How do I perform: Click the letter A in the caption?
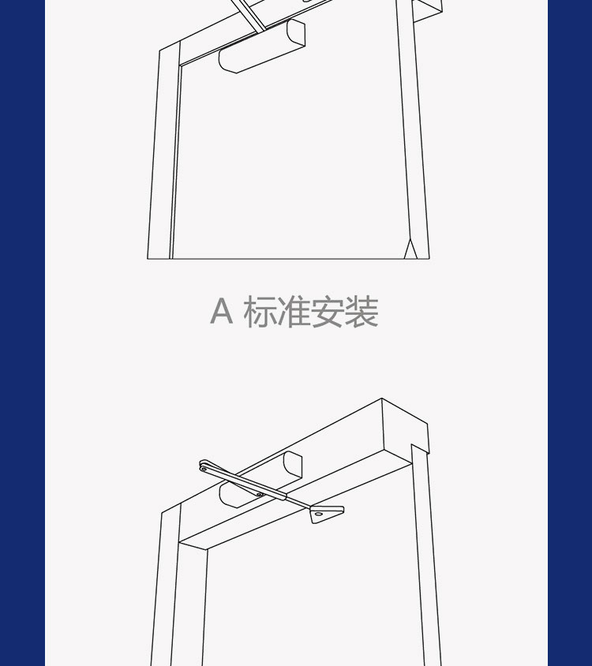coord(222,311)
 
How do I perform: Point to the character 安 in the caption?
coord(328,312)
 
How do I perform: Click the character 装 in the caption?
coord(362,312)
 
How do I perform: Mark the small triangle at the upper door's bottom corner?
coord(410,249)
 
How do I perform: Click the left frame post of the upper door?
coord(163,151)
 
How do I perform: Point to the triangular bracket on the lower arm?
coord(326,514)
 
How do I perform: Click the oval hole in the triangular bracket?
coord(318,514)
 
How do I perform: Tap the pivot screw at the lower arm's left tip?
coord(204,470)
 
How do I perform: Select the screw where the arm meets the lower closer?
coord(259,494)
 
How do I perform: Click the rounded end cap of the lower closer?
coord(293,464)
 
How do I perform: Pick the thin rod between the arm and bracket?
coord(298,503)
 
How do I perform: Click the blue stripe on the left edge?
coord(23,333)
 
